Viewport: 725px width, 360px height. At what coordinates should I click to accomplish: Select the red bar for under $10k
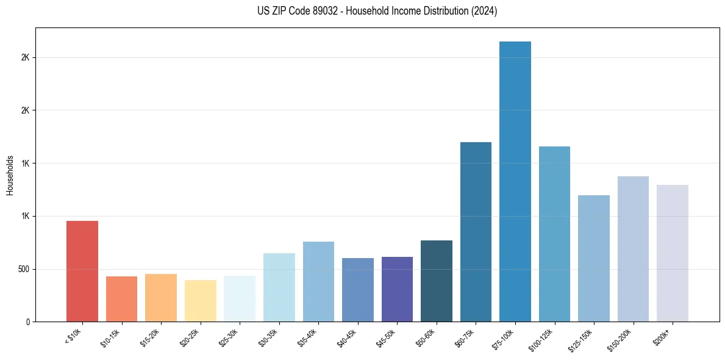click(82, 271)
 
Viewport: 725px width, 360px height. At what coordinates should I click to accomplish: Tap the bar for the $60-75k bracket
click(476, 232)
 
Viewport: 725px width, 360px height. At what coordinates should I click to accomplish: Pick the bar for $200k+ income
click(673, 253)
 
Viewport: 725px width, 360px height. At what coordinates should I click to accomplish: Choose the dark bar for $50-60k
click(437, 281)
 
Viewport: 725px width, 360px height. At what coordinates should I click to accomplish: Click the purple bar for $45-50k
click(397, 289)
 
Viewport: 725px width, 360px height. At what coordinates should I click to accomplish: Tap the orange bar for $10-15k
click(122, 299)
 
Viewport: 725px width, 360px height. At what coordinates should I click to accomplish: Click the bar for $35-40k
click(318, 281)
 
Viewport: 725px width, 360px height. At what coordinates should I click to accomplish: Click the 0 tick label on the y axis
click(28, 322)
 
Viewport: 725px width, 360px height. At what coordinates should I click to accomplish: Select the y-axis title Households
click(10, 175)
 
